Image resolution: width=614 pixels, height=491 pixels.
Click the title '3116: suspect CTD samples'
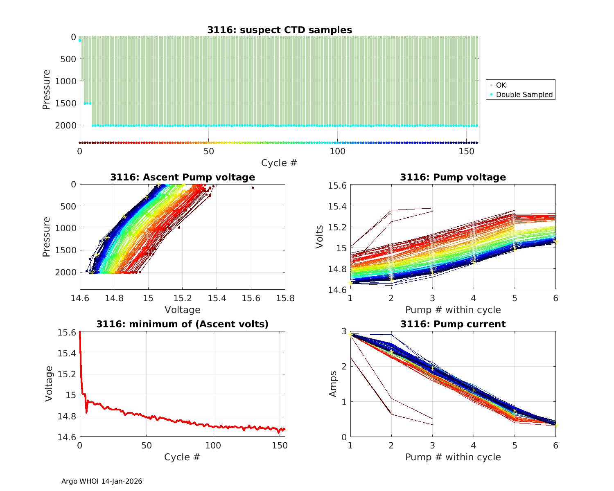(x=279, y=30)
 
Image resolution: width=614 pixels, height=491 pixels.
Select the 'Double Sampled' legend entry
(x=524, y=95)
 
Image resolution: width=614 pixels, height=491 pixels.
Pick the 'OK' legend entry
(x=501, y=85)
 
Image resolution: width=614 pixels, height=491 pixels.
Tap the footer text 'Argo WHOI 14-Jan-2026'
(x=102, y=481)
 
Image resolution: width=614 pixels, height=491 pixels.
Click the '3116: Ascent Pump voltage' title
(x=183, y=177)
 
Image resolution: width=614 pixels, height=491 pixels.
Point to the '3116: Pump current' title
(x=453, y=324)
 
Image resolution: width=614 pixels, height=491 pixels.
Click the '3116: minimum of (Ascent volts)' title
(x=183, y=324)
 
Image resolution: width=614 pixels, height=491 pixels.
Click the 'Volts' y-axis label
(x=320, y=237)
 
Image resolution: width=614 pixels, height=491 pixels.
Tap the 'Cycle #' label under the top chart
(x=279, y=163)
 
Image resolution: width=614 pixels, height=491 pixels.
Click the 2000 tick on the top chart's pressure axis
(x=65, y=125)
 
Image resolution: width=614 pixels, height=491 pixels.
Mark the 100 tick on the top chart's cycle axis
(x=337, y=151)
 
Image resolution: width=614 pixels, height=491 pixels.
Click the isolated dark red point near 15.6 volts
(x=253, y=187)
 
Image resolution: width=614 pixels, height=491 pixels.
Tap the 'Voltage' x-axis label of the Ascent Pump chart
(x=183, y=310)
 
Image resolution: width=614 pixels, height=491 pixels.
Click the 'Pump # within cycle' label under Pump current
(x=453, y=457)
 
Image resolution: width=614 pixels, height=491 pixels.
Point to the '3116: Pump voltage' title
(x=453, y=177)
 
